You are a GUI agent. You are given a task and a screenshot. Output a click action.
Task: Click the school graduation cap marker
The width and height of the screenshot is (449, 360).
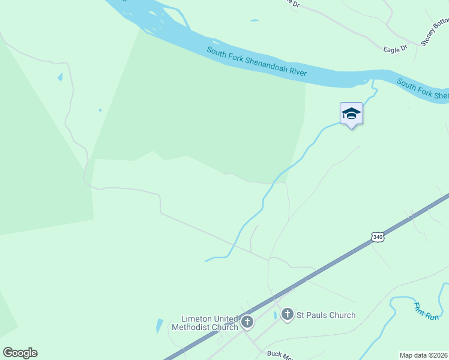(x=351, y=113)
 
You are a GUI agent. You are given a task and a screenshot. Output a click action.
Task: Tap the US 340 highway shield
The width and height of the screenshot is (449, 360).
(x=377, y=237)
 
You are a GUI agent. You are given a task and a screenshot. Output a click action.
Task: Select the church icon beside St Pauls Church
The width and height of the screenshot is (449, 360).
(x=288, y=314)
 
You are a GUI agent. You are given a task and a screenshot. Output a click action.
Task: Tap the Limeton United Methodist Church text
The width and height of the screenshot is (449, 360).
(x=205, y=323)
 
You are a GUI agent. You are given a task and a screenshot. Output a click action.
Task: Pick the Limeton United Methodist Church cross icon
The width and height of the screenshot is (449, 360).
(x=247, y=323)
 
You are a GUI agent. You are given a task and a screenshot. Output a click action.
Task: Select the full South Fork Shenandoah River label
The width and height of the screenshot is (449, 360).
(x=257, y=61)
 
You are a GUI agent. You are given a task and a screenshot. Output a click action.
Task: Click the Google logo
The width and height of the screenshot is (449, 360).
(x=20, y=353)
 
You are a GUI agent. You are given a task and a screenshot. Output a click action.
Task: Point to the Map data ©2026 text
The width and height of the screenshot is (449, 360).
(x=424, y=355)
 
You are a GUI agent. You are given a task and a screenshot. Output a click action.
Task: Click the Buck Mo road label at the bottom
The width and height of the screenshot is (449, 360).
(x=279, y=354)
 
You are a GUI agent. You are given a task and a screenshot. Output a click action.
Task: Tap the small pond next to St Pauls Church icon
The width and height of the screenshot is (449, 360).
(x=275, y=315)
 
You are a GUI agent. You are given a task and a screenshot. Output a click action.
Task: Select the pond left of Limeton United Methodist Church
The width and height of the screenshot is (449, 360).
(x=159, y=326)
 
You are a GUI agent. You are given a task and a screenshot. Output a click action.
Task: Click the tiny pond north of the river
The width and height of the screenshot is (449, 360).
(x=255, y=21)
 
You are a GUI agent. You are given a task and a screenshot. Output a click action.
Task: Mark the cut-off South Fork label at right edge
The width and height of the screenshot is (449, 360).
(x=423, y=90)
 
